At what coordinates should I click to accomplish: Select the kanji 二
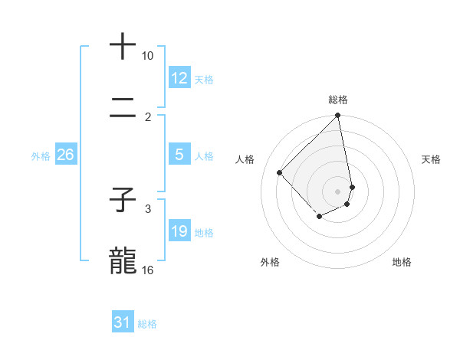pyautogui.click(x=123, y=108)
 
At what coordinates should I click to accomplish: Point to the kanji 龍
pyautogui.click(x=123, y=260)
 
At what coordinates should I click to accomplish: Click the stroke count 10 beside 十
pyautogui.click(x=148, y=56)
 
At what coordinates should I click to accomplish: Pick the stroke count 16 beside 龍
pyautogui.click(x=148, y=270)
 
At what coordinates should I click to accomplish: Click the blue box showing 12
pyautogui.click(x=179, y=78)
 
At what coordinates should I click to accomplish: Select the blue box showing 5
pyautogui.click(x=179, y=155)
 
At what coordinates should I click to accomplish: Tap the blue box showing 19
pyautogui.click(x=179, y=231)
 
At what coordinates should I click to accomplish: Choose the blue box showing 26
pyautogui.click(x=65, y=155)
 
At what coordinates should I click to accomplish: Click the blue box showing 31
pyautogui.click(x=123, y=322)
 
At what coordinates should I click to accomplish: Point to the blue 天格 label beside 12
pyautogui.click(x=204, y=79)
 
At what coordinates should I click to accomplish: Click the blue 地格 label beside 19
pyautogui.click(x=204, y=232)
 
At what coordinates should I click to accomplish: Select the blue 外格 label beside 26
pyautogui.click(x=41, y=155)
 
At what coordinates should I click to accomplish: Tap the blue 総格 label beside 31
pyautogui.click(x=147, y=323)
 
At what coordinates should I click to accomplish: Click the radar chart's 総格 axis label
pyautogui.click(x=338, y=100)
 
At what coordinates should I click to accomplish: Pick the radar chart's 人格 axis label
pyautogui.click(x=245, y=159)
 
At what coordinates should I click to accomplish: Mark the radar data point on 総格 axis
pyautogui.click(x=338, y=116)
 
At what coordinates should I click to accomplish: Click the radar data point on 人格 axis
pyautogui.click(x=280, y=172)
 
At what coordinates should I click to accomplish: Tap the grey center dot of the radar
pyautogui.click(x=338, y=191)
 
